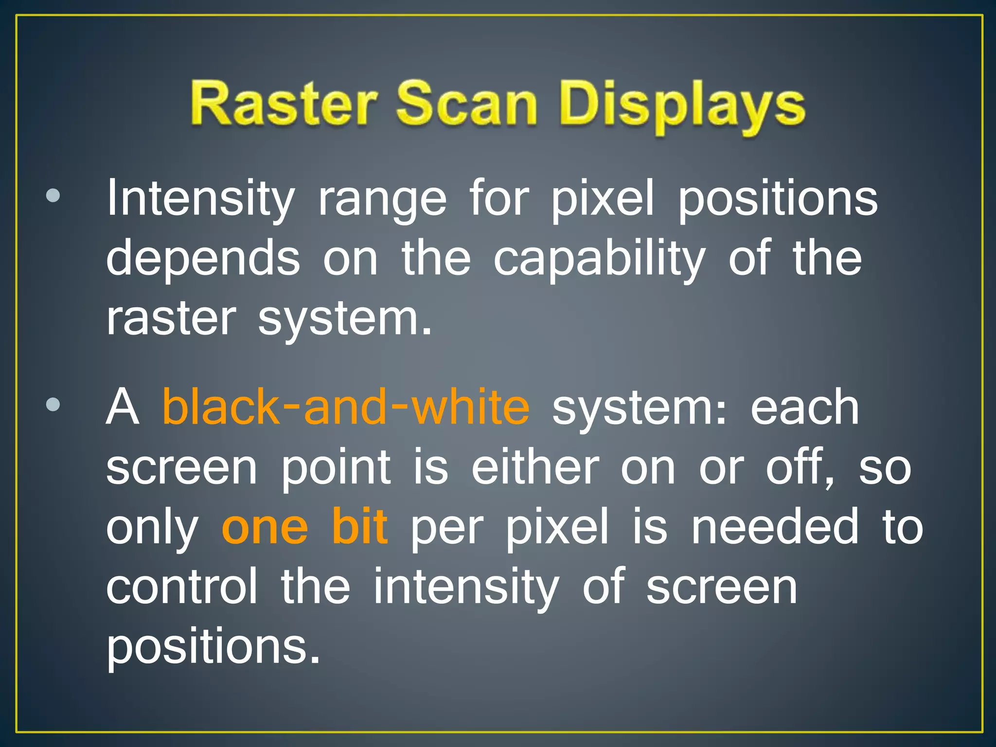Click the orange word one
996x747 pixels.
click(265, 527)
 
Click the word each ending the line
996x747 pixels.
click(804, 408)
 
